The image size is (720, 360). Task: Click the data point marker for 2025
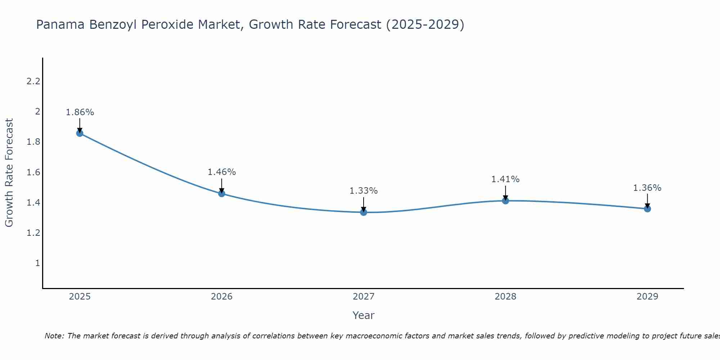(x=80, y=133)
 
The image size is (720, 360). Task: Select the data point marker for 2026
(x=222, y=194)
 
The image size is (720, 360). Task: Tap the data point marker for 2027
(x=364, y=212)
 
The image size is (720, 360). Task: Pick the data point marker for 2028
(x=505, y=201)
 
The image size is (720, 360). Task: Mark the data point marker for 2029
(x=647, y=209)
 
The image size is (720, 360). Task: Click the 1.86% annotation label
(x=80, y=112)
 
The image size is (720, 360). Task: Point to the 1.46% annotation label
(x=222, y=172)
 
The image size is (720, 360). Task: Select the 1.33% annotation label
(x=364, y=191)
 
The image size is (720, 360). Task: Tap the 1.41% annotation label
(x=505, y=179)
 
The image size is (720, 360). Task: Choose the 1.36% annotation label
(x=647, y=188)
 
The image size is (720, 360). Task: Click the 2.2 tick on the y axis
(x=33, y=81)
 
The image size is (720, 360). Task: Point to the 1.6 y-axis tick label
(x=33, y=172)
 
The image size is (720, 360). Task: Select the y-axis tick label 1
(x=37, y=263)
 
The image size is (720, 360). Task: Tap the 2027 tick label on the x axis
(x=364, y=297)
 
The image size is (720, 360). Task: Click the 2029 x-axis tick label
(x=647, y=297)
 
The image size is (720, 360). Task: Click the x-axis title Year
(x=364, y=315)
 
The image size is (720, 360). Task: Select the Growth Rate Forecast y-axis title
(x=9, y=173)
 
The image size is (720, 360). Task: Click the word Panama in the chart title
(x=61, y=25)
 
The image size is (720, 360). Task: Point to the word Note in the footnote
(x=54, y=336)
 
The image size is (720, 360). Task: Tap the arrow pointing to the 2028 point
(x=505, y=192)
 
